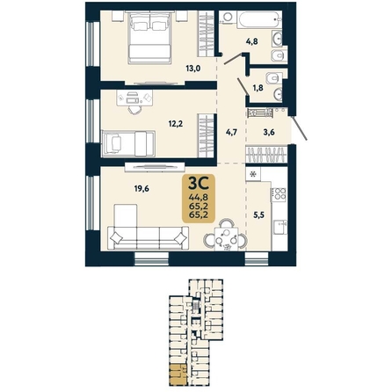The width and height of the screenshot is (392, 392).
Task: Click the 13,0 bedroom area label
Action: [x=193, y=69]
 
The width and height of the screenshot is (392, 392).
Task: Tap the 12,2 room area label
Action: [x=176, y=124]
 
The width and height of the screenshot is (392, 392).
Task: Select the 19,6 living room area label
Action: [x=142, y=189]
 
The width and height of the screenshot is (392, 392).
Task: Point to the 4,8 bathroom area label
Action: [x=252, y=41]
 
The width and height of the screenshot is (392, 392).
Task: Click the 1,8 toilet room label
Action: [x=258, y=88]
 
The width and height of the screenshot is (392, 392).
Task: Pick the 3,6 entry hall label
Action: [x=269, y=133]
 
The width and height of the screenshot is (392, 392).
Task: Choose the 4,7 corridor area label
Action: [x=231, y=133]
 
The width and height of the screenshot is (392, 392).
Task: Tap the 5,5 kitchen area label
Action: [x=259, y=215]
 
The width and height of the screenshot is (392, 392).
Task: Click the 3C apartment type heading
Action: [x=199, y=184]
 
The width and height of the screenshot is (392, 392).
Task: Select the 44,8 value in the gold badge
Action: [x=199, y=197]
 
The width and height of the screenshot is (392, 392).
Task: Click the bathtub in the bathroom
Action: [x=260, y=20]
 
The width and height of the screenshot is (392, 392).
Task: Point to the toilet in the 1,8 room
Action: [x=273, y=78]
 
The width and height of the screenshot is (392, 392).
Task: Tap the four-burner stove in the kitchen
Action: [x=279, y=194]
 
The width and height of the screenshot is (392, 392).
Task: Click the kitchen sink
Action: [x=280, y=227]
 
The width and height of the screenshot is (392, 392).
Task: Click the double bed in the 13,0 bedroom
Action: [x=149, y=37]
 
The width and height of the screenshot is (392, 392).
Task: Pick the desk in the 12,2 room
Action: [x=134, y=98]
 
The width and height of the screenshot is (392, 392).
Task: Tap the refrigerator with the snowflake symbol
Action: [x=253, y=174]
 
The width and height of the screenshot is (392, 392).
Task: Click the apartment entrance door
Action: [x=300, y=128]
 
